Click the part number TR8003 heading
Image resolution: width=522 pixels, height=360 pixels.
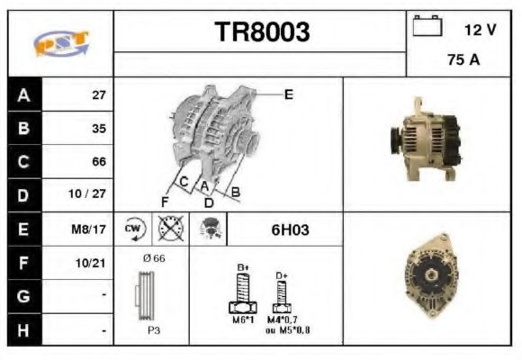tap(262, 32)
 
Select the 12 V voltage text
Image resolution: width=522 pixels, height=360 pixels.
tap(480, 30)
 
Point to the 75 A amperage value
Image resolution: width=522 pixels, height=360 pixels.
tap(463, 61)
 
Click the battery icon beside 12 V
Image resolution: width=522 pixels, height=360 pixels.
tap(426, 28)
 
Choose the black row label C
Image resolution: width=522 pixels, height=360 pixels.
tap(22, 162)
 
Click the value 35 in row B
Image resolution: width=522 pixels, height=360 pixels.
tap(99, 129)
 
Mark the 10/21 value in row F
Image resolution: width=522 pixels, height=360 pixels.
tap(93, 264)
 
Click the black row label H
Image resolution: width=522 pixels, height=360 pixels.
tap(22, 330)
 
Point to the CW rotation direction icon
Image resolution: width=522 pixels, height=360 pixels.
tap(133, 229)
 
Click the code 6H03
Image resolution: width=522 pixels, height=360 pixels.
tap(290, 229)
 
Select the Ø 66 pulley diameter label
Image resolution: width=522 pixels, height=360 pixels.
tap(153, 259)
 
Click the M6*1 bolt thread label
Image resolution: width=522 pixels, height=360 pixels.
tap(240, 319)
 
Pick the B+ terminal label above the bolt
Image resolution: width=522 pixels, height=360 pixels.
tap(241, 266)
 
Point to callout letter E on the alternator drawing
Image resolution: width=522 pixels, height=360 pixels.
tap(288, 94)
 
